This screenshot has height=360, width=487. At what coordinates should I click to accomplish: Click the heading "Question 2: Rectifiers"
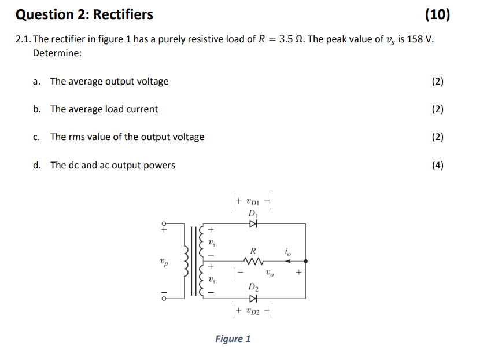tap(84, 14)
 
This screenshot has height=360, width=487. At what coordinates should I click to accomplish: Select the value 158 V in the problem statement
tap(418, 39)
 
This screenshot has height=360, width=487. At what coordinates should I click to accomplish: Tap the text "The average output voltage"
tap(109, 82)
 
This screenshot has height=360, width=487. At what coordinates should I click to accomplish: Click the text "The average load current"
tap(104, 109)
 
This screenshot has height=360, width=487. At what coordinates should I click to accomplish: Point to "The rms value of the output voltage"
tap(127, 137)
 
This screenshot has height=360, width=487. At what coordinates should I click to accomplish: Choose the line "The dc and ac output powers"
tap(113, 166)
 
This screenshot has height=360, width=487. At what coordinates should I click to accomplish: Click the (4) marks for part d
tap(438, 166)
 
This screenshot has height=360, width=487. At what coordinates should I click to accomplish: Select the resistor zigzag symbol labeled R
tap(253, 262)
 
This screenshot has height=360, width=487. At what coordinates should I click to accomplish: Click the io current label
tap(287, 252)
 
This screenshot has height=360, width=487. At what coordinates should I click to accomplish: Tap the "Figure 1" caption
tap(233, 339)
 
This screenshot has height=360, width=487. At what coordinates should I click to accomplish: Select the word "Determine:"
tap(57, 53)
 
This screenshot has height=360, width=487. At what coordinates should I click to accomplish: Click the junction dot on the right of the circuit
tap(305, 262)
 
